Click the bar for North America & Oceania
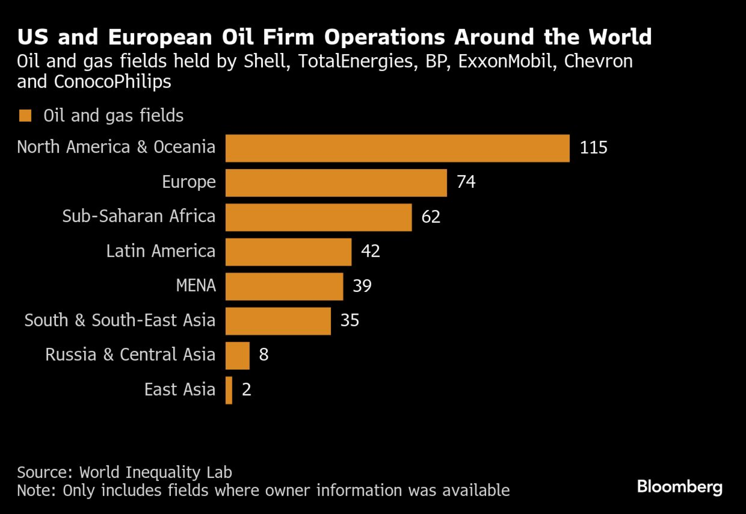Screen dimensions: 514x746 [397, 148]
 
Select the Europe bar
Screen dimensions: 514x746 [336, 183]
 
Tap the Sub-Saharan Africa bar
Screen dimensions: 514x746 [319, 217]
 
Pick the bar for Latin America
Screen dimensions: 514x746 [288, 252]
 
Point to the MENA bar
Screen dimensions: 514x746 [284, 286]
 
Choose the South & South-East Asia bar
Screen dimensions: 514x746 [278, 321]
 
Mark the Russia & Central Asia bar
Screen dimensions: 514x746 [238, 356]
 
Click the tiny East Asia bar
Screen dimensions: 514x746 [229, 390]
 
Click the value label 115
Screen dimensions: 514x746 [593, 147]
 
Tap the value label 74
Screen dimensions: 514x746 [466, 182]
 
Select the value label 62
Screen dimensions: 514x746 [431, 217]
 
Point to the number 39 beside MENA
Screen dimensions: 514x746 [362, 286]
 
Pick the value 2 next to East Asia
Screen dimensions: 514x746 [247, 390]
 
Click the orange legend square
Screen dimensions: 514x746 [25, 116]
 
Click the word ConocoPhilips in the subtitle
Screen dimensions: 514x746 [112, 82]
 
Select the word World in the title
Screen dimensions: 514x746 [620, 37]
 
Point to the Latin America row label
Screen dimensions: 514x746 [161, 251]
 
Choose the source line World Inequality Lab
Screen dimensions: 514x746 [156, 472]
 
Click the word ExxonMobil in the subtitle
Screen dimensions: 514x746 [505, 61]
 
